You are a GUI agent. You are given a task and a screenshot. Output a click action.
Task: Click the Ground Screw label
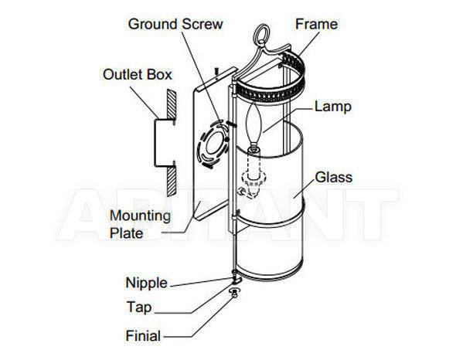click(175, 24)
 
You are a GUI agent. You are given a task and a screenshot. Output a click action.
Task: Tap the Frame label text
click(316, 24)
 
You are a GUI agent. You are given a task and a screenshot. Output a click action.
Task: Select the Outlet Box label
click(138, 74)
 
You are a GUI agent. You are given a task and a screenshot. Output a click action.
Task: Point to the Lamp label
click(333, 107)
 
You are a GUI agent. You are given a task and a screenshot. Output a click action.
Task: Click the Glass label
click(334, 178)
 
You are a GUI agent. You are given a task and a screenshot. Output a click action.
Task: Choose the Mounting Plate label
click(140, 224)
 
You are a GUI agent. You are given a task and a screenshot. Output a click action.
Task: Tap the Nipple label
click(147, 283)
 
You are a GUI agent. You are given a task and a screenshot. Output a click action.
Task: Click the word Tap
click(139, 307)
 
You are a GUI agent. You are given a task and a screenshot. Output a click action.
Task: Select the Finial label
click(143, 336)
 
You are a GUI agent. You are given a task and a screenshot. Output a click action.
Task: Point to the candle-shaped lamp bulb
click(254, 124)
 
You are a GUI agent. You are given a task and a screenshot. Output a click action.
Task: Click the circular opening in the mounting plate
click(214, 144)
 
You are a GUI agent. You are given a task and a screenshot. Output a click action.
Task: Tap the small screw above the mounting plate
click(216, 73)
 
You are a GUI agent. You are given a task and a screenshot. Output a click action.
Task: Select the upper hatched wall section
click(171, 106)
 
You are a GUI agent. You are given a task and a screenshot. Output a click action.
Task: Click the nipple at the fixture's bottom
click(237, 280)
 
